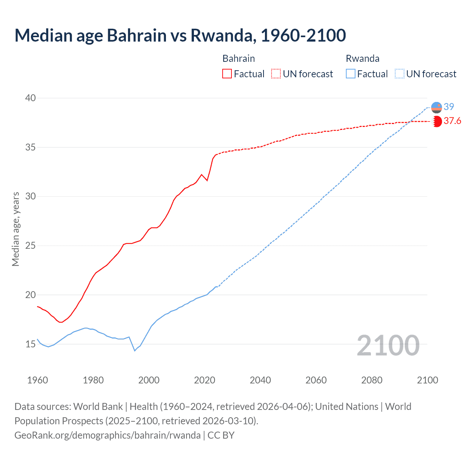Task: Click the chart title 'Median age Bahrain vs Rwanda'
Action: click(x=180, y=35)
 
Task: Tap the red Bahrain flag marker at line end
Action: click(x=437, y=121)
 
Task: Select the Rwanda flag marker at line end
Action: click(x=436, y=107)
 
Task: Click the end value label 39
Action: click(x=449, y=107)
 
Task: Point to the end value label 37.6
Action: click(x=452, y=121)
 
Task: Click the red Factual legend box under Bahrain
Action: click(x=227, y=74)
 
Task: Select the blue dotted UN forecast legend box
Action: click(x=400, y=74)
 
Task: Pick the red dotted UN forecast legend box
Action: click(x=276, y=74)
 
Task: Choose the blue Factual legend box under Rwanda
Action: click(x=351, y=74)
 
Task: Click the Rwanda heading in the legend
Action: click(x=362, y=59)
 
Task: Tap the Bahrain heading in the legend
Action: click(x=238, y=59)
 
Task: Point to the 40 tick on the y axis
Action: click(x=31, y=98)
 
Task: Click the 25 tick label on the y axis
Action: click(x=31, y=245)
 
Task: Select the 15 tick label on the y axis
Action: click(x=31, y=344)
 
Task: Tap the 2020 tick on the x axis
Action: click(x=205, y=380)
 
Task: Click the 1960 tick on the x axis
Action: click(x=38, y=380)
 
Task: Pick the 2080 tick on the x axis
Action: click(x=372, y=380)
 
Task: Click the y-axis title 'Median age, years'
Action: click(x=15, y=229)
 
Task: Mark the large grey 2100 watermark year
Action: click(x=388, y=345)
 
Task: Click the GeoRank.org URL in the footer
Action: click(x=107, y=435)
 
